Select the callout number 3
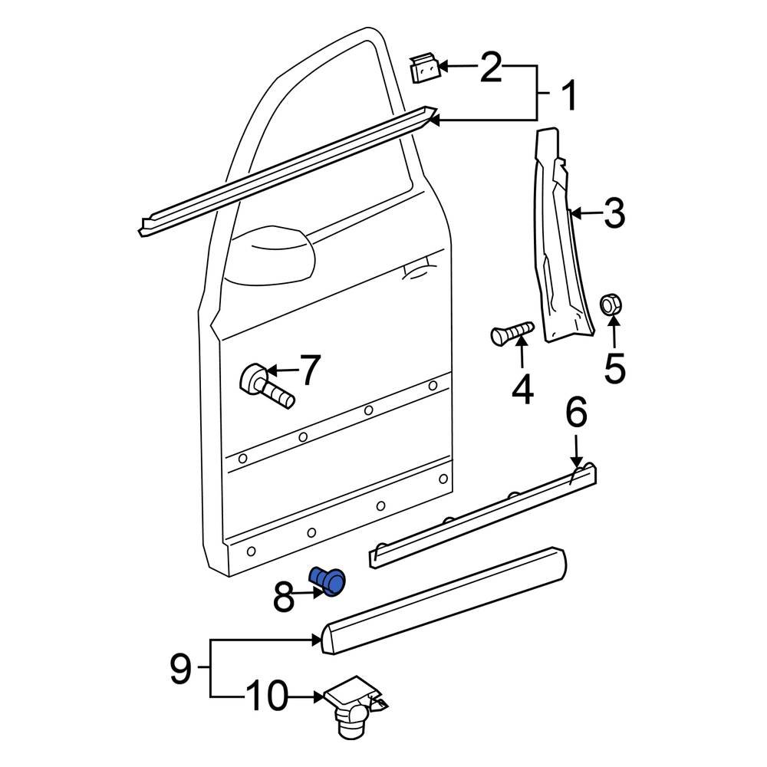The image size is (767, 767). (x=614, y=213)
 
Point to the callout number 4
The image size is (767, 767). (x=522, y=389)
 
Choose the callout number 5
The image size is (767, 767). (x=614, y=368)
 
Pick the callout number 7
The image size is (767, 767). (x=308, y=370)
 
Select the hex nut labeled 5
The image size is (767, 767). (x=610, y=304)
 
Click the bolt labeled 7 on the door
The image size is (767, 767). (x=265, y=386)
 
